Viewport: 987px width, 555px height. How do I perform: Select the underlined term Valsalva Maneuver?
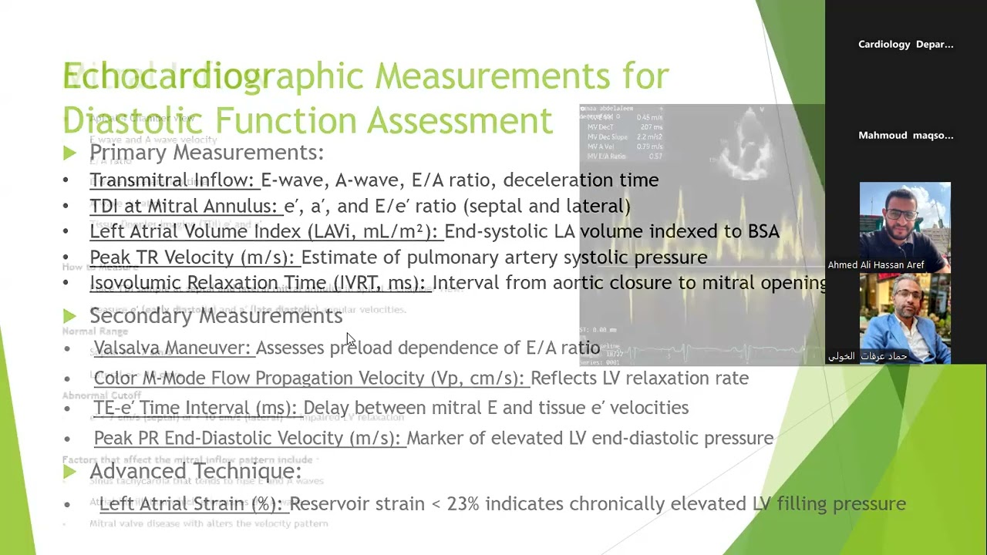tap(173, 348)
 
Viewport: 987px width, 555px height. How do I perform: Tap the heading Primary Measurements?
tap(206, 153)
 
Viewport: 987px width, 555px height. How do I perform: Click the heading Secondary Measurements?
tap(216, 315)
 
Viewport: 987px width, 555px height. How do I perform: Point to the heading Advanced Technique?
tap(195, 471)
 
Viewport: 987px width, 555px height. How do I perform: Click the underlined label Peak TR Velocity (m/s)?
tap(193, 257)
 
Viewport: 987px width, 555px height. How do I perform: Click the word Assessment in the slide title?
tap(460, 121)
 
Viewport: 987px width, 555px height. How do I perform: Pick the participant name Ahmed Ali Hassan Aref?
tap(875, 265)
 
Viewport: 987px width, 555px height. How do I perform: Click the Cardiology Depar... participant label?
tap(905, 45)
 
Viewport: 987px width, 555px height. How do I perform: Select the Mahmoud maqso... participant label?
tap(905, 136)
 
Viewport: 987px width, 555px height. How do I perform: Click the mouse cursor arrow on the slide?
tap(350, 339)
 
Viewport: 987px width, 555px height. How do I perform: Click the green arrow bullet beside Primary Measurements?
tap(69, 153)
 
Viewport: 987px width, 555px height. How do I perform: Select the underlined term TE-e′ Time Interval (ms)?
tap(196, 408)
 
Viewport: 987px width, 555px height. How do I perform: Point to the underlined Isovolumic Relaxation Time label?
tap(260, 283)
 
